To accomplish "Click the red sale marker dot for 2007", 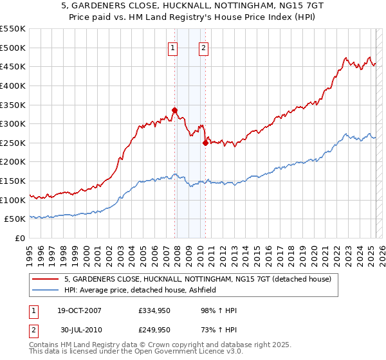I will pyautogui.click(x=174, y=110).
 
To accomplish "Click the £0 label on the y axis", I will pyautogui.click(x=21, y=239).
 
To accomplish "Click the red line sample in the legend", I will pyautogui.click(x=46, y=279).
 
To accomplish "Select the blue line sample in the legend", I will pyautogui.click(x=46, y=290).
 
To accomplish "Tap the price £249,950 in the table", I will pyautogui.click(x=154, y=330).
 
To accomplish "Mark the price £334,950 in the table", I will pyautogui.click(x=154, y=310).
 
